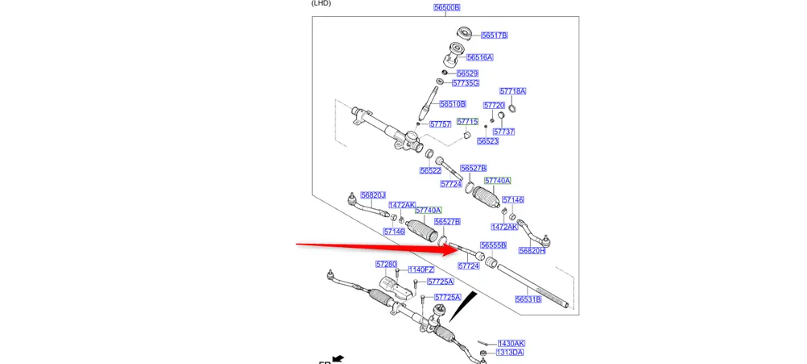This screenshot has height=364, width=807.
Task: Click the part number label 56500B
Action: (446, 7)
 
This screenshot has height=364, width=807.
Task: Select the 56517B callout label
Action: (494, 36)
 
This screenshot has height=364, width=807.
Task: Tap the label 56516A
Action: (479, 58)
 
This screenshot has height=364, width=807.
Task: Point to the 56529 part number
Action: (467, 73)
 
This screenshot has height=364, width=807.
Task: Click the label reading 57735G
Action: (466, 83)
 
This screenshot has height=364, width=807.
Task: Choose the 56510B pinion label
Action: (452, 104)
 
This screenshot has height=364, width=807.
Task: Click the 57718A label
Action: (512, 91)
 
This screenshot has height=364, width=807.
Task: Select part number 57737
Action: (504, 132)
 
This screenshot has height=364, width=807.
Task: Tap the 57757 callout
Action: (440, 124)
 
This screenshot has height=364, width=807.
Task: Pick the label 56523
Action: (487, 141)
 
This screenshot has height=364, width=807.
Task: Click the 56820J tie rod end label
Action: (373, 195)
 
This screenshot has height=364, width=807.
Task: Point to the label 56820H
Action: (532, 251)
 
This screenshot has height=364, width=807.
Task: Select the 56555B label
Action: (493, 245)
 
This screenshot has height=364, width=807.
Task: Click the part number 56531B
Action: (528, 299)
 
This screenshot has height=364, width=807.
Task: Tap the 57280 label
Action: (386, 264)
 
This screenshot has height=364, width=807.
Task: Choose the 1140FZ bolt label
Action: (420, 270)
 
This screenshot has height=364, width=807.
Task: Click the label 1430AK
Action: (511, 343)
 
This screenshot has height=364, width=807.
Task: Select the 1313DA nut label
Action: (510, 353)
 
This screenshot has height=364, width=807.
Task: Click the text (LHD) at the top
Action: (321, 3)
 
